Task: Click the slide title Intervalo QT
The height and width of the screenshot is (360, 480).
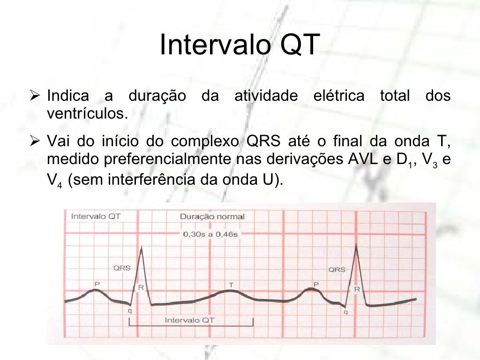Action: tap(240, 45)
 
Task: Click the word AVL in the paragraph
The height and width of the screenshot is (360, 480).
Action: tap(363, 159)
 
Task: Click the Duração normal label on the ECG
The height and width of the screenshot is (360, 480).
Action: tap(212, 217)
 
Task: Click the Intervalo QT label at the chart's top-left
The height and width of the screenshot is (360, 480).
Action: tap(96, 217)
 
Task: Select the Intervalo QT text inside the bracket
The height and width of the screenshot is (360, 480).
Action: tap(190, 321)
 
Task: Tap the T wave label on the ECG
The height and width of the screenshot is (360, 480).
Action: tap(231, 285)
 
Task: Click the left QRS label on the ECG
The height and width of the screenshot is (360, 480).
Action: tap(122, 269)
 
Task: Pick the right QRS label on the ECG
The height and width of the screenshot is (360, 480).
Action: tap(337, 270)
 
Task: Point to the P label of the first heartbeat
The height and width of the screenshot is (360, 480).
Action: tap(97, 284)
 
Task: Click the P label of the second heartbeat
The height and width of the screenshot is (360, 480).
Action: tap(316, 284)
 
